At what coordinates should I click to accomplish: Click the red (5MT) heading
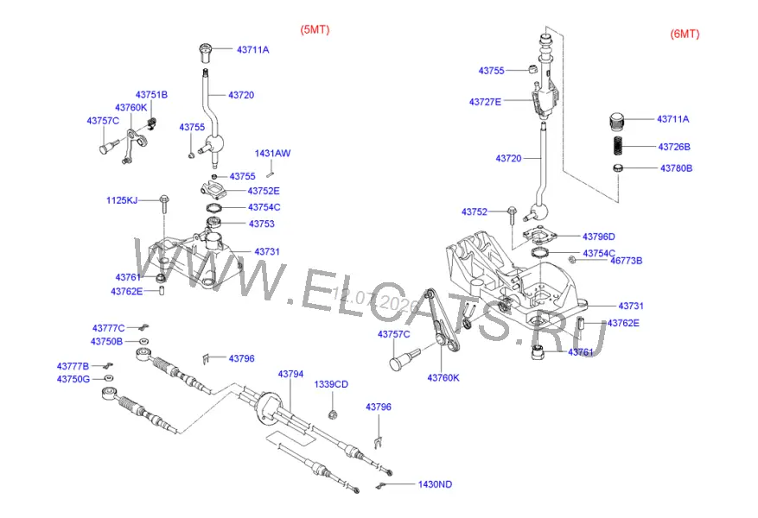[315, 29]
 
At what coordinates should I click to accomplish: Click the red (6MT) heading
[685, 34]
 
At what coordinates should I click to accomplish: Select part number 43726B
[674, 147]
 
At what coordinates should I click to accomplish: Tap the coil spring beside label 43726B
[618, 145]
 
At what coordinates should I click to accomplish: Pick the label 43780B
[676, 168]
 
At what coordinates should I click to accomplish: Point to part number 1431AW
[272, 154]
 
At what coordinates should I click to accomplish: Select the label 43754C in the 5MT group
[264, 207]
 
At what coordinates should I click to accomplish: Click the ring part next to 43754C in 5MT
[213, 208]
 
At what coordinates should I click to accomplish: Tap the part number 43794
[290, 374]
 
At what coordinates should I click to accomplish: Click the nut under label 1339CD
[332, 414]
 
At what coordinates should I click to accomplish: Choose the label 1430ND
[435, 484]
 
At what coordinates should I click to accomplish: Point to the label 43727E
[485, 102]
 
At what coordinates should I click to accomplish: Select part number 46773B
[626, 261]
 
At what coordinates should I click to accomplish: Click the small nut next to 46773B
[572, 260]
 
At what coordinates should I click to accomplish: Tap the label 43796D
[598, 237]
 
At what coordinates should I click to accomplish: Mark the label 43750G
[73, 380]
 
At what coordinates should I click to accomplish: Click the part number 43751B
[151, 95]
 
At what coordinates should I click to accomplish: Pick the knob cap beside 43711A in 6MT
[616, 121]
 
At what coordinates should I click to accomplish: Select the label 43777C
[108, 328]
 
